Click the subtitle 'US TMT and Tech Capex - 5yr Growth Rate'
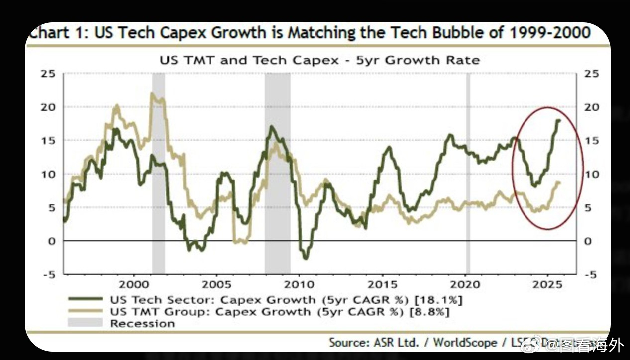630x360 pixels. click(x=319, y=61)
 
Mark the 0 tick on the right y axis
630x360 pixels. click(x=587, y=241)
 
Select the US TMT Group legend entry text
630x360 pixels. click(x=210, y=312)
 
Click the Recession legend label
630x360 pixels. click(x=143, y=324)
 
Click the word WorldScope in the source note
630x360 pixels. click(x=465, y=342)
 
